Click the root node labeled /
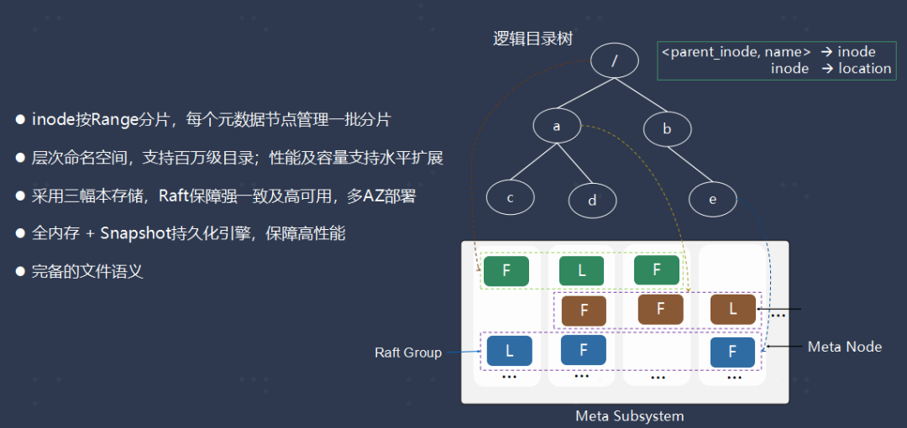[614, 60]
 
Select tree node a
[556, 127]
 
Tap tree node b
[667, 128]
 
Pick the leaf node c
[510, 198]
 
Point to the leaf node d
[592, 200]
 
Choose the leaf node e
[712, 199]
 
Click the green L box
[582, 271]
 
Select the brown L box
[732, 309]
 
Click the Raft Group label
[408, 352]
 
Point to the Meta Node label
[844, 346]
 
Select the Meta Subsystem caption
[629, 416]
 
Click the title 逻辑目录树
[532, 39]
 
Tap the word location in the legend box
[864, 69]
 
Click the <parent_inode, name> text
[736, 52]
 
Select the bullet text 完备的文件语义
[87, 271]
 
